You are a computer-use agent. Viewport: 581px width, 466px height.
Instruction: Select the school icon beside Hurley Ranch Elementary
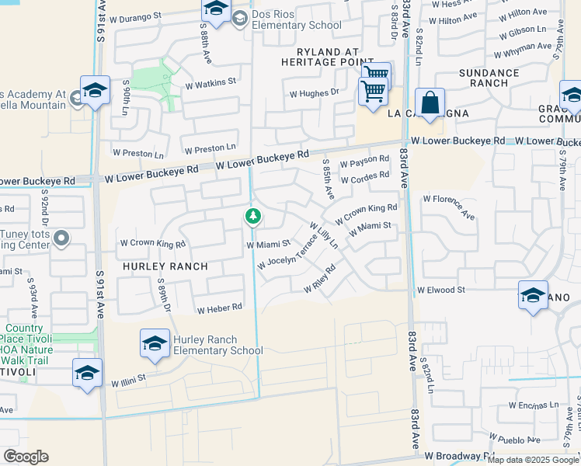pyautogui.click(x=155, y=344)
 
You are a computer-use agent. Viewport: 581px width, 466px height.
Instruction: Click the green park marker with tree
pyautogui.click(x=252, y=217)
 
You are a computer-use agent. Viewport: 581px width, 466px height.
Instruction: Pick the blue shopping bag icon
pyautogui.click(x=430, y=104)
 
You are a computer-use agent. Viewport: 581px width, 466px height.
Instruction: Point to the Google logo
pyautogui.click(x=26, y=457)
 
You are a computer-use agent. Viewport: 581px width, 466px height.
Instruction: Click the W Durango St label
pyautogui.click(x=137, y=15)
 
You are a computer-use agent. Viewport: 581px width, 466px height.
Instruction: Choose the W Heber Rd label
pyautogui.click(x=220, y=309)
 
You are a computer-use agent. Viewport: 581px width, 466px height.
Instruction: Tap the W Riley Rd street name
pyautogui.click(x=319, y=280)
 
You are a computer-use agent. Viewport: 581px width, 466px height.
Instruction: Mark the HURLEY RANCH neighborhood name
pyautogui.click(x=164, y=266)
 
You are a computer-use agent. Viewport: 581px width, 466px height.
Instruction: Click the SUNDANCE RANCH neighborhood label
pyautogui.click(x=489, y=78)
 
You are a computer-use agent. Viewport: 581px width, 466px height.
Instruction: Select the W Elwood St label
pyautogui.click(x=440, y=290)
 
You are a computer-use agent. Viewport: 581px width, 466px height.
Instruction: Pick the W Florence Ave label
pyautogui.click(x=449, y=207)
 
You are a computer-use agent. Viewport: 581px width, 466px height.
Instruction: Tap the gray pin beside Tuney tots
pyautogui.click(x=63, y=238)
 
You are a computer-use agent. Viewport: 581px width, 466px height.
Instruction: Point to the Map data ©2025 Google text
pyautogui.click(x=533, y=460)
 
